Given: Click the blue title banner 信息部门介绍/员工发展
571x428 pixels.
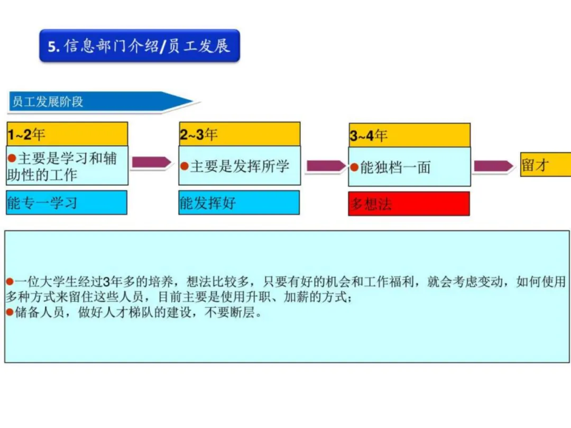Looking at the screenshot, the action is (140, 46).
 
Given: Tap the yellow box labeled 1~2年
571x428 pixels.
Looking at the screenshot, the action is (67, 134).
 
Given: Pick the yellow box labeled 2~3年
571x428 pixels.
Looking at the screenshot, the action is (240, 134).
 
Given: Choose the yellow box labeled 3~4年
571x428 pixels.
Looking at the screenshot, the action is (409, 135).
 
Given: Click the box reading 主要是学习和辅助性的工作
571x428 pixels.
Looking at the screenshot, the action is (67, 166).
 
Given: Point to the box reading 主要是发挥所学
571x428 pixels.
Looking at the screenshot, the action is (240, 166).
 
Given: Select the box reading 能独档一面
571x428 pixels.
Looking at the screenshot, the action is (409, 167).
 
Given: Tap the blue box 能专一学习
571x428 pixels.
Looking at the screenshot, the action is (67, 202).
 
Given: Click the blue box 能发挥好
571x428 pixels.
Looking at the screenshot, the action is (239, 202).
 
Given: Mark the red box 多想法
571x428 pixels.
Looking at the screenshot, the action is (409, 203).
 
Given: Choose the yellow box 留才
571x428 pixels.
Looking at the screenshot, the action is (545, 165).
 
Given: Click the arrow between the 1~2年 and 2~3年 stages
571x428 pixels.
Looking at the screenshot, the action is (152, 162).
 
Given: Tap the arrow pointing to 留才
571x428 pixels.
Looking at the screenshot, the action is (493, 166).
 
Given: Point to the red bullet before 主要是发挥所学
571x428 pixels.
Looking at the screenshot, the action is (185, 166).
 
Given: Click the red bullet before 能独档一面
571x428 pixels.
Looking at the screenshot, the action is (354, 168).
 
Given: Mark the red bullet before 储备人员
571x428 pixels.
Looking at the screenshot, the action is (10, 312).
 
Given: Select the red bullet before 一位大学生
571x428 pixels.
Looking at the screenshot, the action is (10, 281).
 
